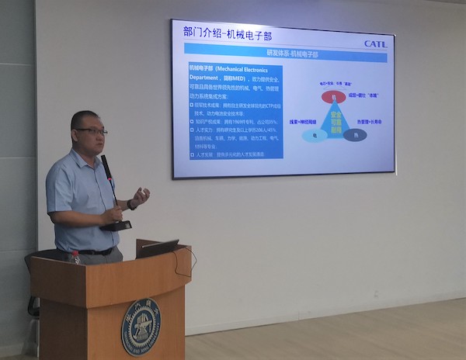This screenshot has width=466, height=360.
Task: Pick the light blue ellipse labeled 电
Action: (x=316, y=135)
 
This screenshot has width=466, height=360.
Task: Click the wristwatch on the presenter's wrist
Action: (x=131, y=205)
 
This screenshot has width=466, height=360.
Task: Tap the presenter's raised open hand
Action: (x=141, y=195)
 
